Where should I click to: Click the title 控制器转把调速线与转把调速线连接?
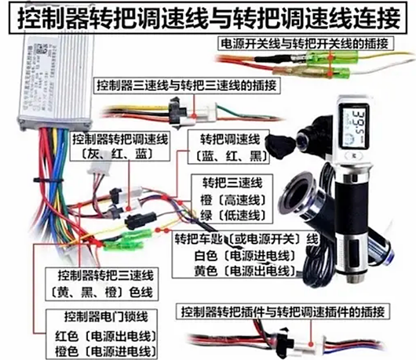coord(208,16)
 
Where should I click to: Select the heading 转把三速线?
coord(224,182)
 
